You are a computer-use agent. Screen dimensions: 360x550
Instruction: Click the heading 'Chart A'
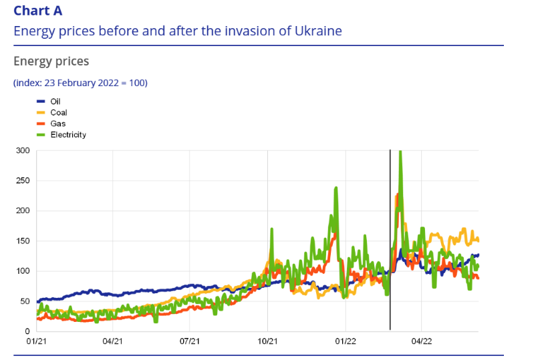pyautogui.click(x=39, y=11)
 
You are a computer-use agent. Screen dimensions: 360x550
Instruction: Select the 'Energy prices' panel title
pyautogui.click(x=51, y=61)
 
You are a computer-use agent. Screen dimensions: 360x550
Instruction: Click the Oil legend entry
pyautogui.click(x=55, y=101)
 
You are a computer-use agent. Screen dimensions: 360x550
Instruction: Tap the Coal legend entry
pyautogui.click(x=59, y=112)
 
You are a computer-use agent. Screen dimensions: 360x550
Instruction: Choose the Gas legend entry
pyautogui.click(x=57, y=124)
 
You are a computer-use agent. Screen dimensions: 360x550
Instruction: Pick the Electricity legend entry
pyautogui.click(x=68, y=135)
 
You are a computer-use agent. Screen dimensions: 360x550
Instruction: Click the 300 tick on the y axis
pyautogui.click(x=23, y=151)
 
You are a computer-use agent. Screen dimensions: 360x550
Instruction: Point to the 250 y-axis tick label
pyautogui.click(x=23, y=181)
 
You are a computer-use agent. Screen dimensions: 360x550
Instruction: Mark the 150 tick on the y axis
pyautogui.click(x=23, y=241)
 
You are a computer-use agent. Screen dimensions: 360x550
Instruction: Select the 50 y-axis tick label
pyautogui.click(x=25, y=301)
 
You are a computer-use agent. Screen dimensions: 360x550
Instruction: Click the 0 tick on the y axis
pyautogui.click(x=27, y=331)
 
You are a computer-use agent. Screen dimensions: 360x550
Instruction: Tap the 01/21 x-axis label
pyautogui.click(x=36, y=341)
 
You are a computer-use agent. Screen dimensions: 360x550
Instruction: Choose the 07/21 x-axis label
pyautogui.click(x=190, y=341)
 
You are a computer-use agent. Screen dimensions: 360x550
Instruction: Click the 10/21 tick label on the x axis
pyautogui.click(x=267, y=341)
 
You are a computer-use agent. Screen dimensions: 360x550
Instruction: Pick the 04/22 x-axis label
pyautogui.click(x=422, y=341)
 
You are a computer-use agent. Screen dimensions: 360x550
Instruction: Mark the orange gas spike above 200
pyautogui.click(x=396, y=197)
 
